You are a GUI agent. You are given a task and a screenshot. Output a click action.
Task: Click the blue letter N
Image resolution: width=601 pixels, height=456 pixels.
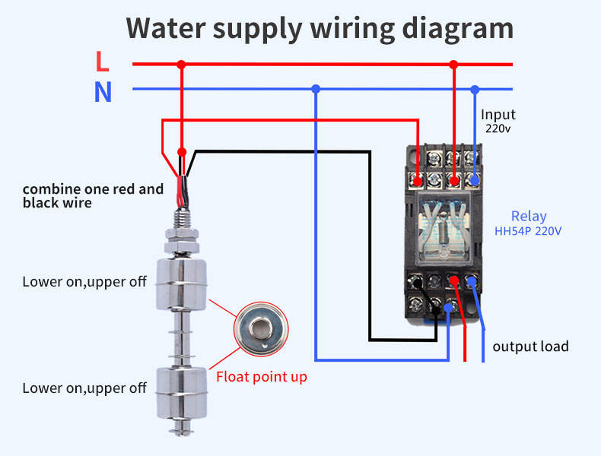[103, 92]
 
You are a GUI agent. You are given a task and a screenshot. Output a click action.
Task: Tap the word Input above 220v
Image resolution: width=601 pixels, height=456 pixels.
[498, 115]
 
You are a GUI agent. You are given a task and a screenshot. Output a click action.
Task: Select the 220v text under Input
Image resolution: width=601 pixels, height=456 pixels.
[498, 128]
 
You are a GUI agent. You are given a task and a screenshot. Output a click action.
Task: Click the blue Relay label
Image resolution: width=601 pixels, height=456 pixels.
[528, 217]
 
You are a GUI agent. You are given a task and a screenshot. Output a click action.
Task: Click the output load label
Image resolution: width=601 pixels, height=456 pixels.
[530, 347]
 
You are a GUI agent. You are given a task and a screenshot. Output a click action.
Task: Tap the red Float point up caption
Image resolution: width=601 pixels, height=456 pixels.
[262, 376]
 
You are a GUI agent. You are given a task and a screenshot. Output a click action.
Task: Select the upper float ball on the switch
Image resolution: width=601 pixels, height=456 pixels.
[182, 282]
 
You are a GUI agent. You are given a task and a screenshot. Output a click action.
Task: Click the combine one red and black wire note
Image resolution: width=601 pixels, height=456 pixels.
[93, 195]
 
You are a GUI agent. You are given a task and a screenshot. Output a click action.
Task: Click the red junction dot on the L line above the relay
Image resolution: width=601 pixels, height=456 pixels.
[454, 65]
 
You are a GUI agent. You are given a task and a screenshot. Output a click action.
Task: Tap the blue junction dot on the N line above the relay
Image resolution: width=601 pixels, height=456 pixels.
[475, 89]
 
